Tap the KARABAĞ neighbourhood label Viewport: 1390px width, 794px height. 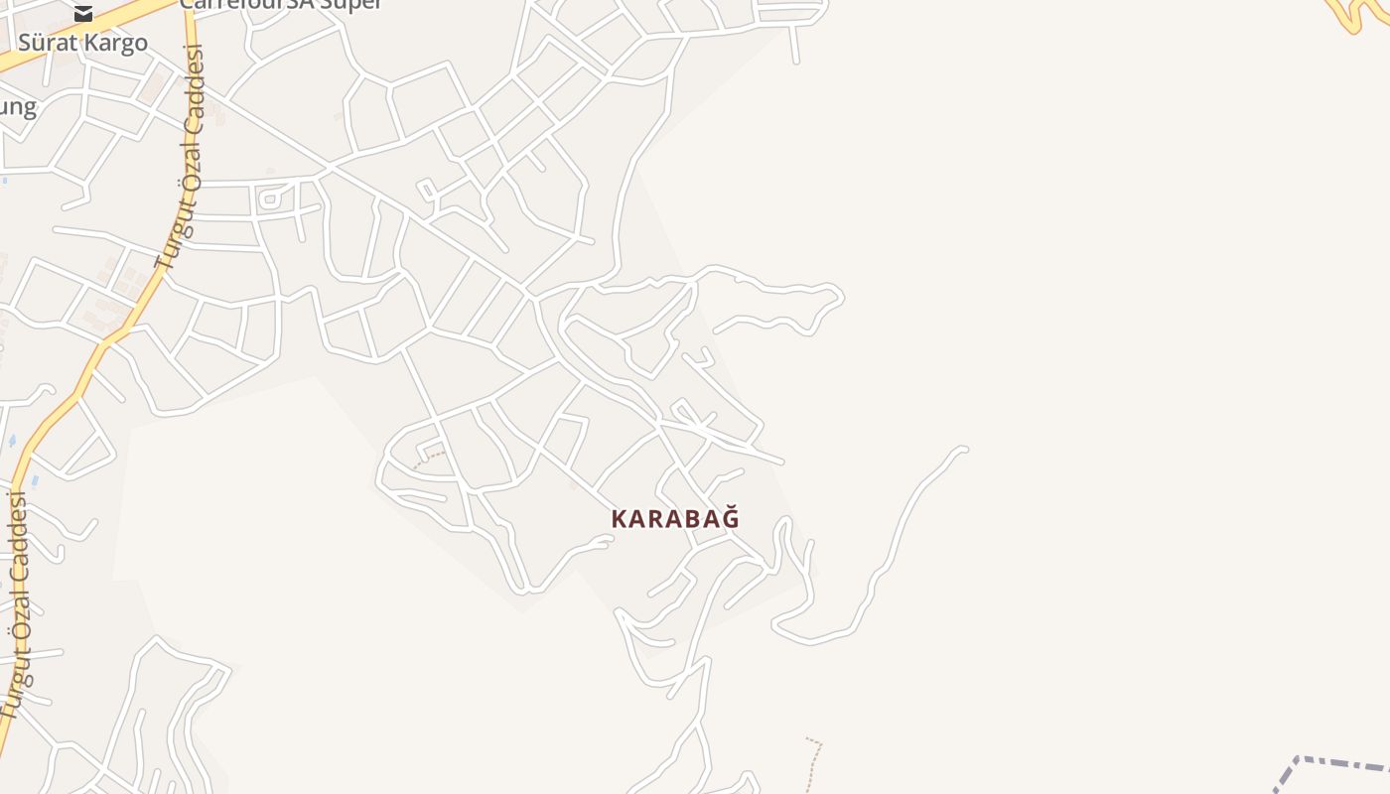coord(675,518)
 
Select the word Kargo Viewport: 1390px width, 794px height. coord(118,43)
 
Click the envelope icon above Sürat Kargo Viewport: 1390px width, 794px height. coord(83,13)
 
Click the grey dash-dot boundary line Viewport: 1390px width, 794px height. coord(1340,763)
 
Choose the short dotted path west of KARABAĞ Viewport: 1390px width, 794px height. coord(429,459)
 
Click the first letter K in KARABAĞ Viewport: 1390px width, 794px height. coord(619,518)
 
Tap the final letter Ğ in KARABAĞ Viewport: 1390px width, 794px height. coord(731,517)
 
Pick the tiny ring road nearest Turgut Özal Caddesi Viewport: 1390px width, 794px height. coord(269,198)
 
